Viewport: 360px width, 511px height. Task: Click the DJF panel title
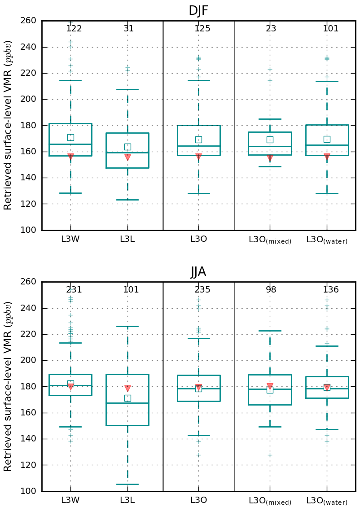tap(198, 11)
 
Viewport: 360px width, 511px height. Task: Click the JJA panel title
tap(198, 272)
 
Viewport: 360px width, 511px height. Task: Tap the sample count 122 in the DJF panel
tap(74, 29)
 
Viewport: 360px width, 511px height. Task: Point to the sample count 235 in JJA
tap(202, 290)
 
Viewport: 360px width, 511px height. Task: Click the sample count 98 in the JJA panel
tap(271, 290)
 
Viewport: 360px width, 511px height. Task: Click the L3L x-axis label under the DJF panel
tap(127, 239)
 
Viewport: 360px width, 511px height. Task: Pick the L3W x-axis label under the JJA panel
tap(70, 500)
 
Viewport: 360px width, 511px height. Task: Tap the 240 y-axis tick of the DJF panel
tap(30, 47)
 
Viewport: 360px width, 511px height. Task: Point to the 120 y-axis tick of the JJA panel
tap(30, 465)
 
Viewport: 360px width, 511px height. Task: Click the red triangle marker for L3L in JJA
tap(127, 389)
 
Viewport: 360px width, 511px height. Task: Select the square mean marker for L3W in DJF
tap(70, 137)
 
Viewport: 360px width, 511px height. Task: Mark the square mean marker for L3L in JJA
tap(127, 398)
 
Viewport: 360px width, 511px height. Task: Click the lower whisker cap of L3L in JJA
tap(127, 484)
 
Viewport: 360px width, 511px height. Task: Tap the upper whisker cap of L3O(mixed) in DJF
tap(270, 119)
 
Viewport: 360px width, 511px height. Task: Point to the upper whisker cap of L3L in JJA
tap(127, 326)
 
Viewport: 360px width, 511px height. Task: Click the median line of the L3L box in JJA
tap(127, 403)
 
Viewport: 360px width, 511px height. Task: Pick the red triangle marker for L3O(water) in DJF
tap(327, 157)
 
